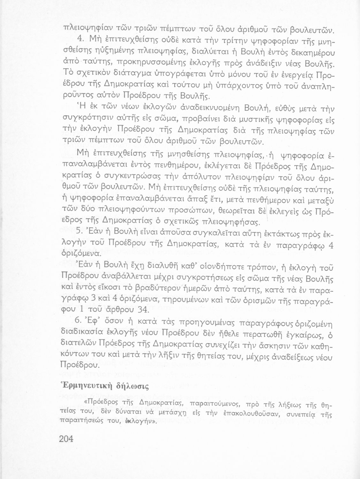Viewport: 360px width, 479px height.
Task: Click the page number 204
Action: pyautogui.click(x=66, y=439)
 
